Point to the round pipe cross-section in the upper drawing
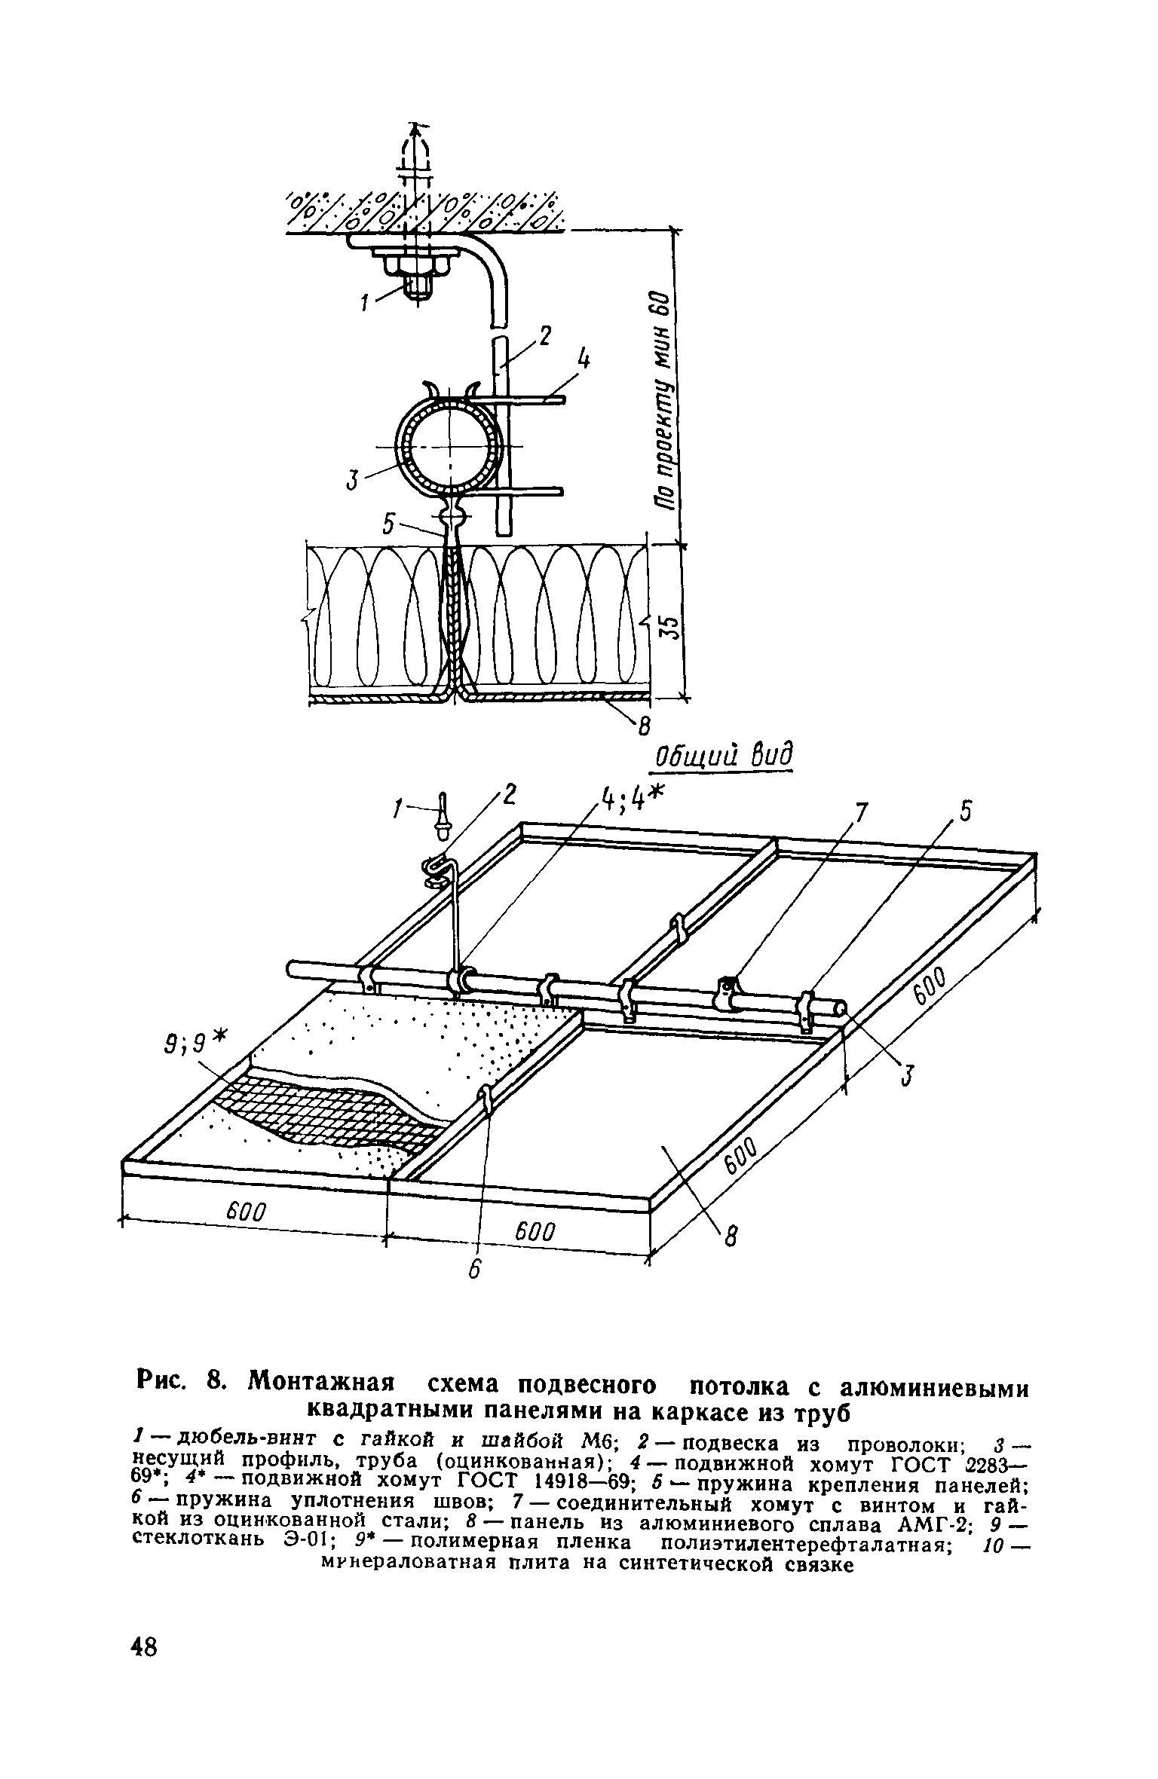[450, 446]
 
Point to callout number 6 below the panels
[473, 1269]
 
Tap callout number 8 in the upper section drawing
[643, 726]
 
